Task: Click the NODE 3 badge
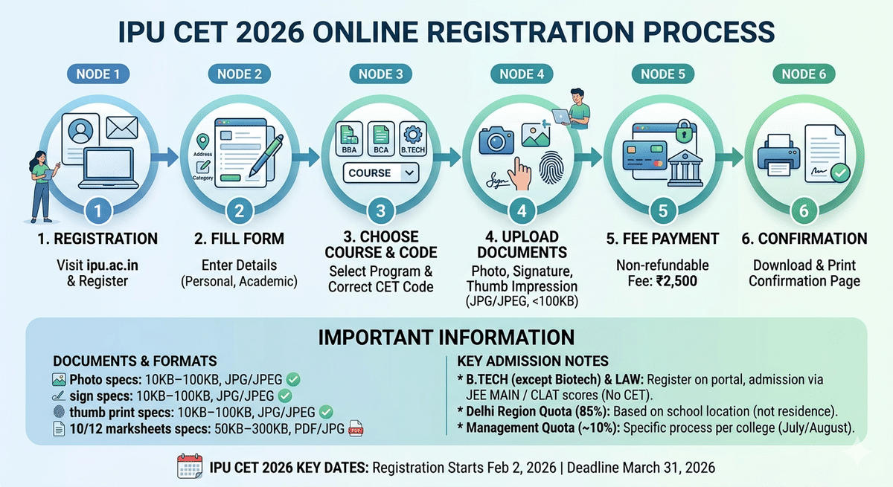coord(380,74)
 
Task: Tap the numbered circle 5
coord(663,210)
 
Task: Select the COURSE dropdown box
coord(380,172)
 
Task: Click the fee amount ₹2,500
coord(678,281)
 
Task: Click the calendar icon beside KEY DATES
coord(189,467)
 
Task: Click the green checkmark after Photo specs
coord(294,380)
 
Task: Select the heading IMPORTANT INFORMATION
coord(446,337)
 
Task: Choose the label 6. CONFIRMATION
coord(804,239)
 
